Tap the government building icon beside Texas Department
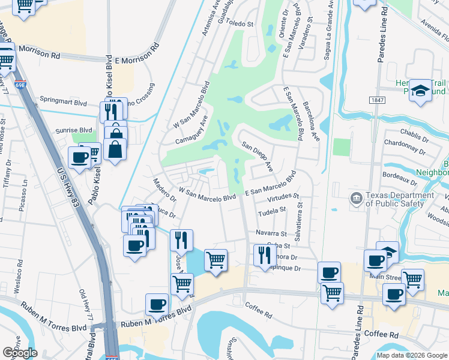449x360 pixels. [356, 197]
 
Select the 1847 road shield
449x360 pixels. [376, 100]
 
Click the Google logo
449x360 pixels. [20, 353]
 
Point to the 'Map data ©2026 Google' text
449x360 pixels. [412, 355]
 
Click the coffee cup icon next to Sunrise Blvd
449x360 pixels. [79, 158]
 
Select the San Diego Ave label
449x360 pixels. [258, 156]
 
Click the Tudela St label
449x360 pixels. [272, 211]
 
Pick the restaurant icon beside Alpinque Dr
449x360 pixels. [265, 256]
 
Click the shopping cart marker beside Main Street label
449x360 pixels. [412, 279]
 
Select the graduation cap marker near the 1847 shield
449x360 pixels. [420, 91]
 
